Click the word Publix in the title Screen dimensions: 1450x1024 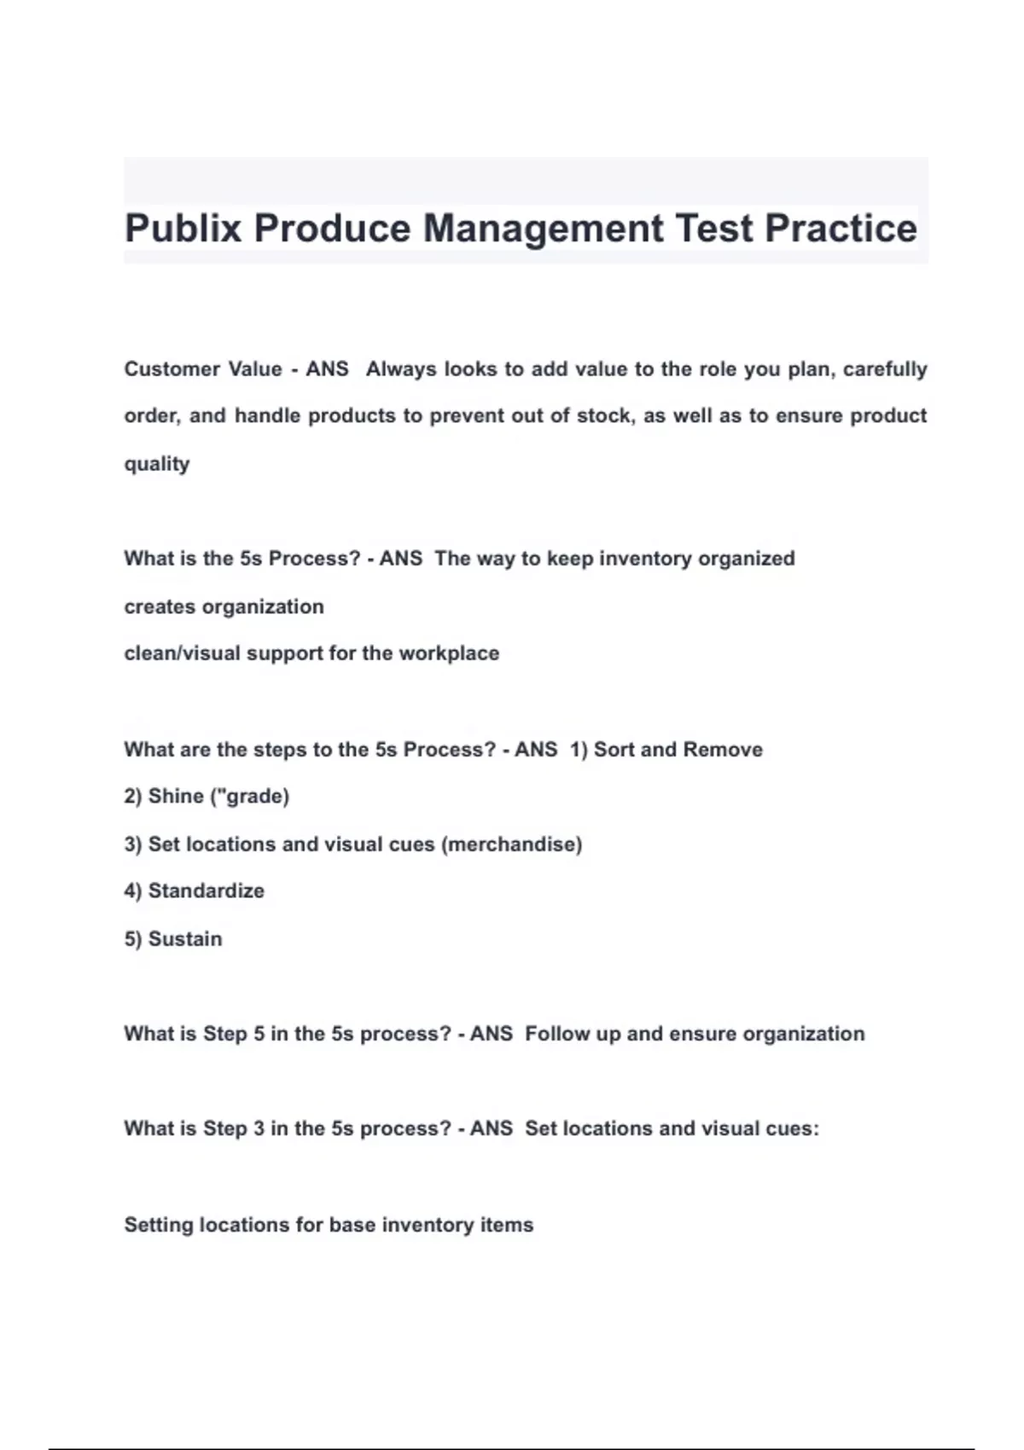pyautogui.click(x=183, y=229)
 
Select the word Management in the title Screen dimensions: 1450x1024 pyautogui.click(x=543, y=229)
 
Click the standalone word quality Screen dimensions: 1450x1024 pyautogui.click(x=157, y=464)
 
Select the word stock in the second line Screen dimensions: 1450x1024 pyautogui.click(x=605, y=416)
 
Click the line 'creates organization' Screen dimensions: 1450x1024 pyautogui.click(x=224, y=606)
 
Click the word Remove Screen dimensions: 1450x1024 pyautogui.click(x=723, y=750)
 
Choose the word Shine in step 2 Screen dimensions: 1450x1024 pyautogui.click(x=176, y=797)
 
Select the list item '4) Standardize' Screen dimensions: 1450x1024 pyautogui.click(x=194, y=891)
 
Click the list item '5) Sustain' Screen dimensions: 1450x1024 pyautogui.click(x=173, y=939)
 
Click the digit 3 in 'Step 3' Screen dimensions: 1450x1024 pyautogui.click(x=259, y=1128)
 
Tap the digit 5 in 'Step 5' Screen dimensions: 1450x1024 pyautogui.click(x=259, y=1034)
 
